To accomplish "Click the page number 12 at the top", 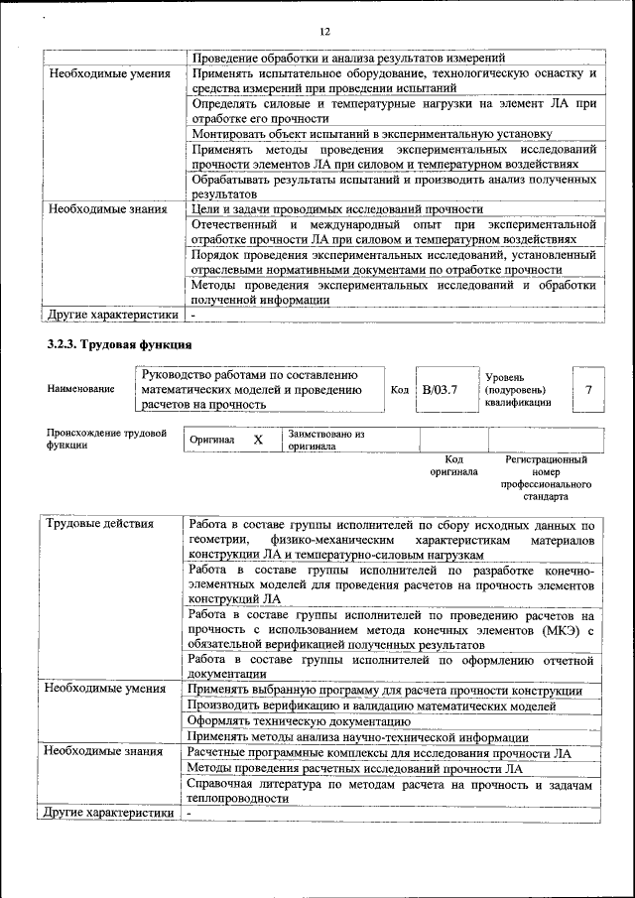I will [324, 31].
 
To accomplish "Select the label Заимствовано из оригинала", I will [326, 440].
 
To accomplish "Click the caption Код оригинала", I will [453, 465].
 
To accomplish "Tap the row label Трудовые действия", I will [100, 524].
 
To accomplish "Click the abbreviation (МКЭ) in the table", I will [558, 629].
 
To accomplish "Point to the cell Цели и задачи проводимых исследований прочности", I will [335, 209].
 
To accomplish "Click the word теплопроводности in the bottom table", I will [238, 798].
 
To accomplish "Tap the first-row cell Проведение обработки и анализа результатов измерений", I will [348, 58].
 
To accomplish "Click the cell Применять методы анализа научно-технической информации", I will [357, 737].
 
